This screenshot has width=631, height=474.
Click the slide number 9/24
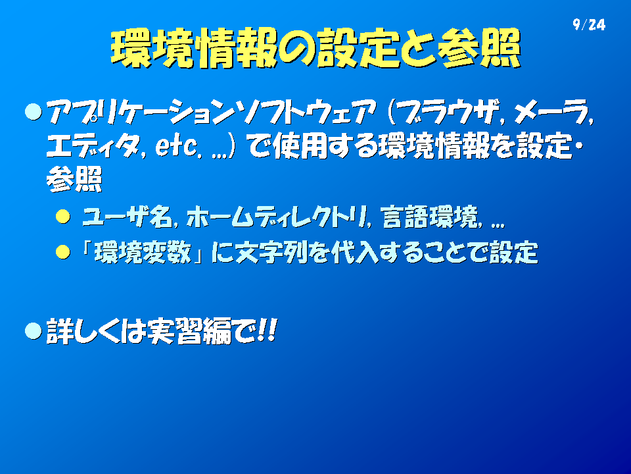point(589,24)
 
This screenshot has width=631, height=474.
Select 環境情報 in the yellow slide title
point(193,48)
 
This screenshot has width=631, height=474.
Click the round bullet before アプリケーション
point(34,112)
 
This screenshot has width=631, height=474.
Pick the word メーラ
point(549,112)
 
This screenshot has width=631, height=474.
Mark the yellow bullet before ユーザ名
point(63,217)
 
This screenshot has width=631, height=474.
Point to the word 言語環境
point(429,217)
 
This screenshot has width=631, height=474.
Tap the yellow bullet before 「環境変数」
point(63,252)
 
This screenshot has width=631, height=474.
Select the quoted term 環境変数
point(143,253)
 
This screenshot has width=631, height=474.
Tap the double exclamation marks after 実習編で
point(267,330)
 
